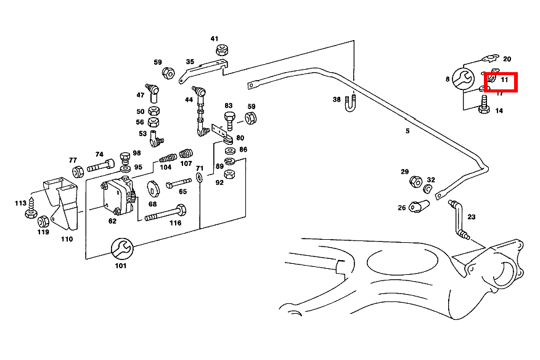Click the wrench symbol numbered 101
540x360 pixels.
click(120, 248)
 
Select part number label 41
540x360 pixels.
click(215, 39)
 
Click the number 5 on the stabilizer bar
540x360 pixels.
click(407, 131)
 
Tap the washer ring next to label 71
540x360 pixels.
click(199, 178)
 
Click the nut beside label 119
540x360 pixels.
click(43, 221)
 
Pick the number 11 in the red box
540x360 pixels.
click(504, 80)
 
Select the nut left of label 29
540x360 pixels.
click(415, 182)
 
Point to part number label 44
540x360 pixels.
click(189, 99)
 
